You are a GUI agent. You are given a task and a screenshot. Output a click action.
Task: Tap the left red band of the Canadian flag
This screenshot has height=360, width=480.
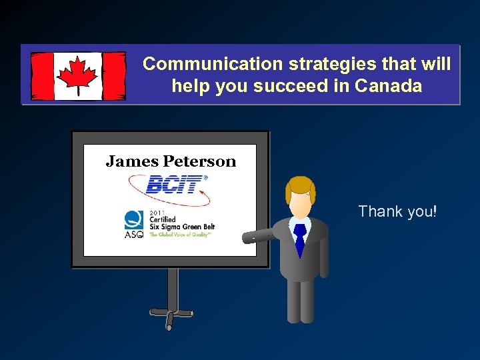42,75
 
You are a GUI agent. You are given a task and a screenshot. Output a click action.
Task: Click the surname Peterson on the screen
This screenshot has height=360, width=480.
200,161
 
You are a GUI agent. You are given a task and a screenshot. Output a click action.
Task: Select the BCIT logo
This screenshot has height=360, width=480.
173,185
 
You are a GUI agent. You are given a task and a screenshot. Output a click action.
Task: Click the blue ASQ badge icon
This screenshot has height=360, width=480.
133,220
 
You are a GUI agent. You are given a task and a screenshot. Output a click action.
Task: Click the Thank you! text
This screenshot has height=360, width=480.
397,212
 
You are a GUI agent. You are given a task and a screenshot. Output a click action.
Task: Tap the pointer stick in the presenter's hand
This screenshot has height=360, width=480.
257,236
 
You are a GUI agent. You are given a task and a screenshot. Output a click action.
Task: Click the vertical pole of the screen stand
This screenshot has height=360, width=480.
172,287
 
